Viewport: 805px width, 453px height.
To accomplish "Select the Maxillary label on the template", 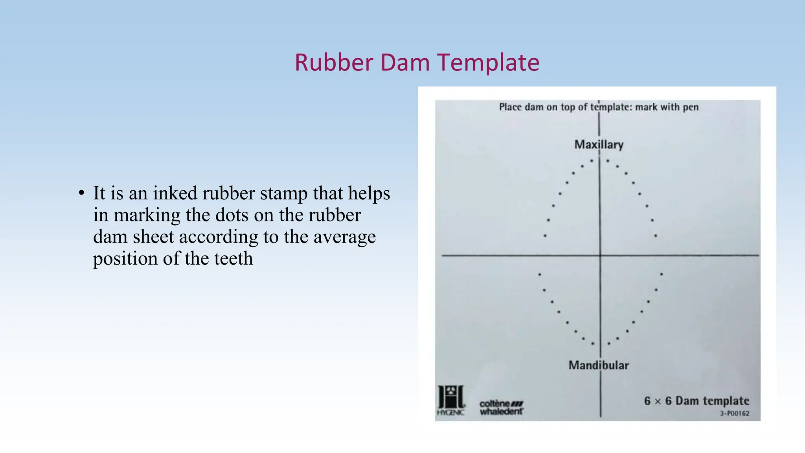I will point(599,145).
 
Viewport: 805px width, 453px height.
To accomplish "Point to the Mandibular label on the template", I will point(598,365).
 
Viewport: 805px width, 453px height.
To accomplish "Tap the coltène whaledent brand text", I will point(501,408).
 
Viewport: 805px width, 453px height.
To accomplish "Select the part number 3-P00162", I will point(734,413).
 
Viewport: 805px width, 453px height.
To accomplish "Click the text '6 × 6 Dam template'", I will point(696,401).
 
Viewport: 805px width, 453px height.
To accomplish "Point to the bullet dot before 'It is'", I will point(81,193).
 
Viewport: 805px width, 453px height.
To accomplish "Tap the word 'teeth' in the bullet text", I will point(233,259).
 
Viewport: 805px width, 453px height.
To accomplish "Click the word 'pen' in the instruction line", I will point(691,107).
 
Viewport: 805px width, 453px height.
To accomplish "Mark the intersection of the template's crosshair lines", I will point(600,256).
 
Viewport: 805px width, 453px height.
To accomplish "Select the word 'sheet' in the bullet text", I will point(153,237).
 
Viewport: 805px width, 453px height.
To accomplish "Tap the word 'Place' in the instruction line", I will point(510,107).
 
